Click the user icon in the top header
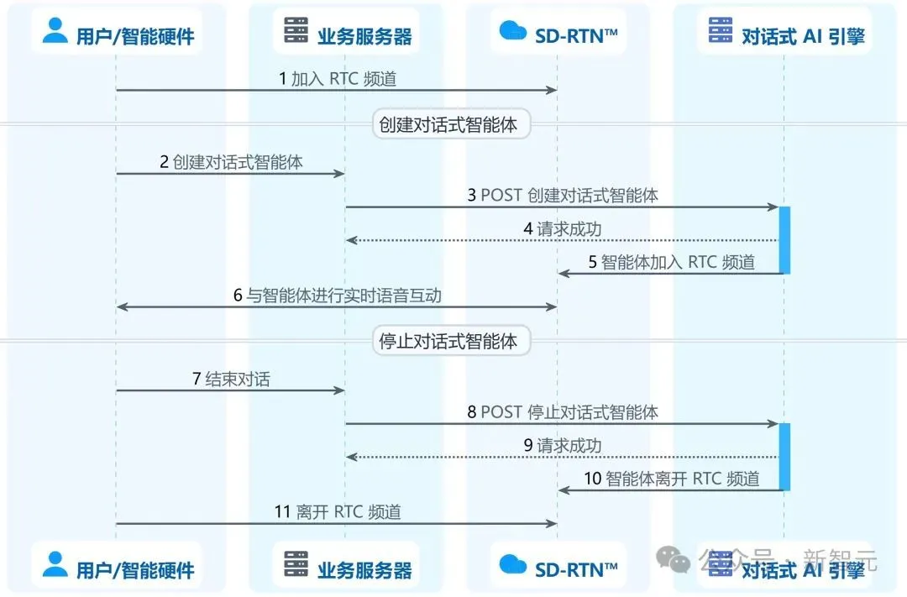55,30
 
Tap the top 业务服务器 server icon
296,29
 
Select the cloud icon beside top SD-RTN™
512,30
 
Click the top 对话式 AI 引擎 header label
803,36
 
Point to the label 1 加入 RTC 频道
338,79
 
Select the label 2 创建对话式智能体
231,162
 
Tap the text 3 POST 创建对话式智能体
562,196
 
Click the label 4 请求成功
562,229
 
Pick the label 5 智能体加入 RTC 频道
672,262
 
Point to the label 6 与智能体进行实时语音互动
338,296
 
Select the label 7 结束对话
231,379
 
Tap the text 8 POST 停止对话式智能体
562,412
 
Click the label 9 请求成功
562,445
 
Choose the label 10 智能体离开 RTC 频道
672,479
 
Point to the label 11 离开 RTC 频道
338,512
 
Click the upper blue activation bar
784,240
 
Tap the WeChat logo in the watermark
673,559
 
